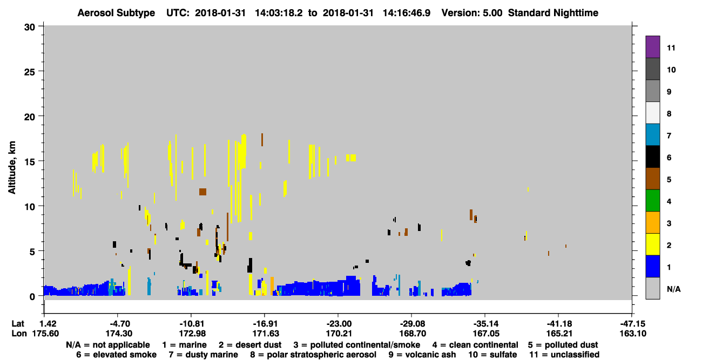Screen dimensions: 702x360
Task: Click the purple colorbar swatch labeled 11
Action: click(x=652, y=47)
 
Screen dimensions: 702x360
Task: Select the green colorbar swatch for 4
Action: click(x=652, y=201)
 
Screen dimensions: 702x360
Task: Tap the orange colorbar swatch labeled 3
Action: click(x=652, y=222)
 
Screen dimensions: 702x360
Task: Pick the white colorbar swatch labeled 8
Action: click(x=652, y=113)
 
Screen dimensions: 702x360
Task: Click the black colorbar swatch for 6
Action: click(x=652, y=157)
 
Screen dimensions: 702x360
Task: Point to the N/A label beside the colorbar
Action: click(x=673, y=289)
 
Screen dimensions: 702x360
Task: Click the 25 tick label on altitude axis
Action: click(x=30, y=72)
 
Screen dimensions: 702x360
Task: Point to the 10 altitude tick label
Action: click(x=30, y=207)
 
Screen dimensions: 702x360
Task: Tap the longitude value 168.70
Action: click(x=413, y=334)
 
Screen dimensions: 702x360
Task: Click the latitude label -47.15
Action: click(x=632, y=323)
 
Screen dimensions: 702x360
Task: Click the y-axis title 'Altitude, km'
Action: click(x=11, y=168)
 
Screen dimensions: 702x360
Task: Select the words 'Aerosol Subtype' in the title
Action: click(x=116, y=13)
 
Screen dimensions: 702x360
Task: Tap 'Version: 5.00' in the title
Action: click(x=472, y=13)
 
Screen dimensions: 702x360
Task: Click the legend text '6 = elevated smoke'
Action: click(x=116, y=355)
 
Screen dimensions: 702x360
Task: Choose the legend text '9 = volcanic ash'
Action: click(x=422, y=355)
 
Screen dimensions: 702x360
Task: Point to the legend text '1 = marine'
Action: click(x=184, y=345)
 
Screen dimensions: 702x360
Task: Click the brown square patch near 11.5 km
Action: click(x=202, y=192)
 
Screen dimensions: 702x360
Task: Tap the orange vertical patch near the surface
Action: click(x=272, y=286)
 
